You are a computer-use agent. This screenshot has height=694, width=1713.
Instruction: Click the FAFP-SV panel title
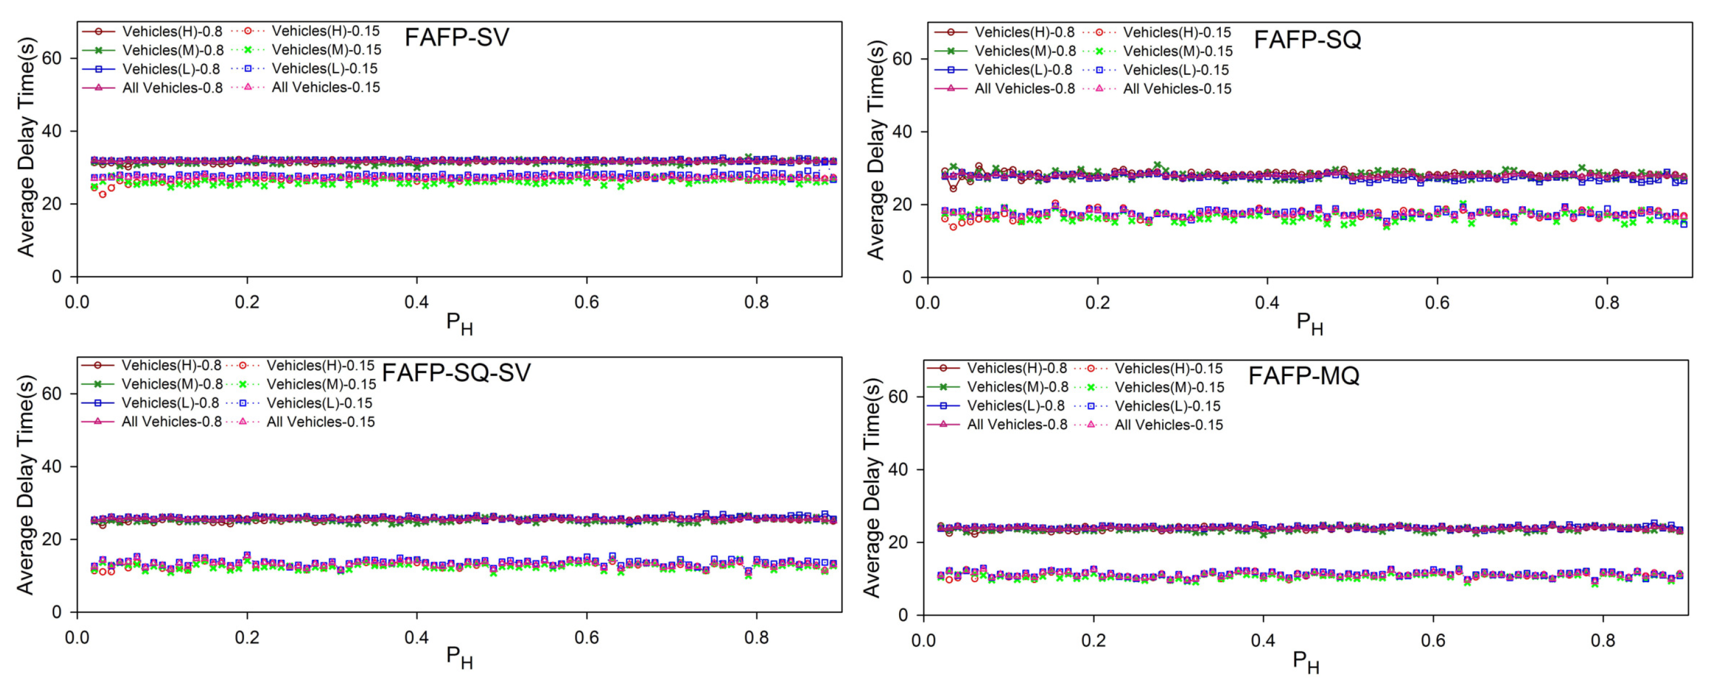tap(456, 37)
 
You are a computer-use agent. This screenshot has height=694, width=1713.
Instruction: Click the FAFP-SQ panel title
tap(1307, 40)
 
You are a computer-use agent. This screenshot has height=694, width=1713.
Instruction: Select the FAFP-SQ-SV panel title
tap(456, 373)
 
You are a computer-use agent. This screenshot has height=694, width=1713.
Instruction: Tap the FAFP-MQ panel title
tap(1303, 376)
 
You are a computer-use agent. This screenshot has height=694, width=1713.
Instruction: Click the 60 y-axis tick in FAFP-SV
tap(51, 59)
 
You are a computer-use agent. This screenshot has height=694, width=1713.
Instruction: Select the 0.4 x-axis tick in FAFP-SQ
tap(1267, 303)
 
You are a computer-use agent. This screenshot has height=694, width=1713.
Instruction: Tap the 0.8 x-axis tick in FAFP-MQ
tap(1602, 641)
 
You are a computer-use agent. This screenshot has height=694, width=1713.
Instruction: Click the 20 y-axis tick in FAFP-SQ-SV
tap(51, 540)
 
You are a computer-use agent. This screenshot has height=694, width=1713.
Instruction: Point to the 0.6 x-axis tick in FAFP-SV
tap(586, 303)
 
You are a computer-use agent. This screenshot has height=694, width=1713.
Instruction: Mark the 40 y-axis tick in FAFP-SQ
tap(902, 132)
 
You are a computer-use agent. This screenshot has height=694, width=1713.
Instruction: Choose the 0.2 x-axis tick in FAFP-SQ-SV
tap(247, 638)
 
